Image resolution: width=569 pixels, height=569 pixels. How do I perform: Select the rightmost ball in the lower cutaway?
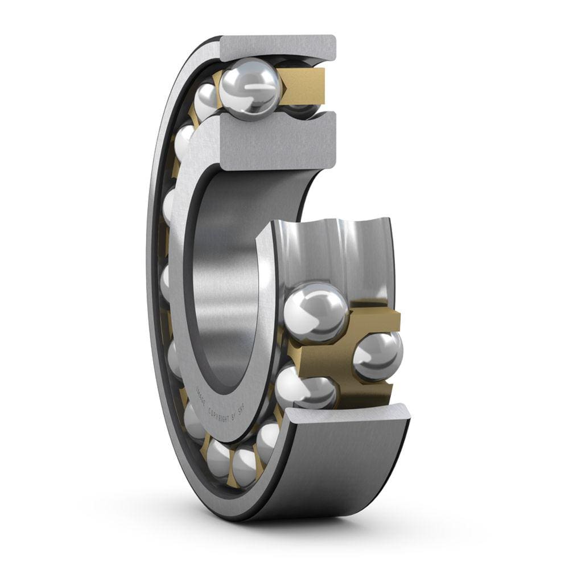(378, 356)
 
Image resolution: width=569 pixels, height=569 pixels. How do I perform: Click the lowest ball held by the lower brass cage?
(307, 390)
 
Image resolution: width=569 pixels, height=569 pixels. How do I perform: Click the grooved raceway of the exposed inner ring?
(336, 250)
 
